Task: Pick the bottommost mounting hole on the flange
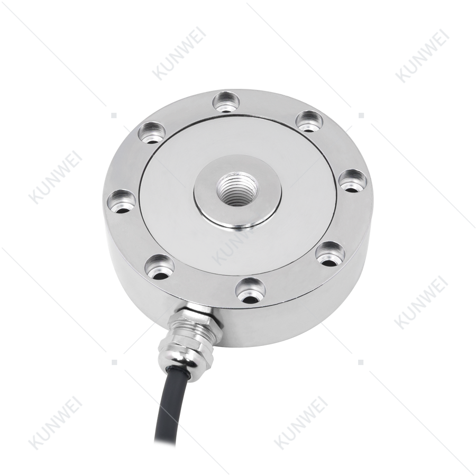tap(251, 290)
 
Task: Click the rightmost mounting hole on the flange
tap(352, 182)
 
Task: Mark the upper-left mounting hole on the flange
tap(152, 133)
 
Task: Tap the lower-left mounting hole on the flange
tap(159, 268)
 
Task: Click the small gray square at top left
tap(114, 115)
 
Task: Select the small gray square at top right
tap(361, 115)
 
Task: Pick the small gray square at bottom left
tap(114, 362)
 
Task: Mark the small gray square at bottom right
tap(361, 362)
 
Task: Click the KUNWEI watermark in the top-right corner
tap(422, 56)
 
